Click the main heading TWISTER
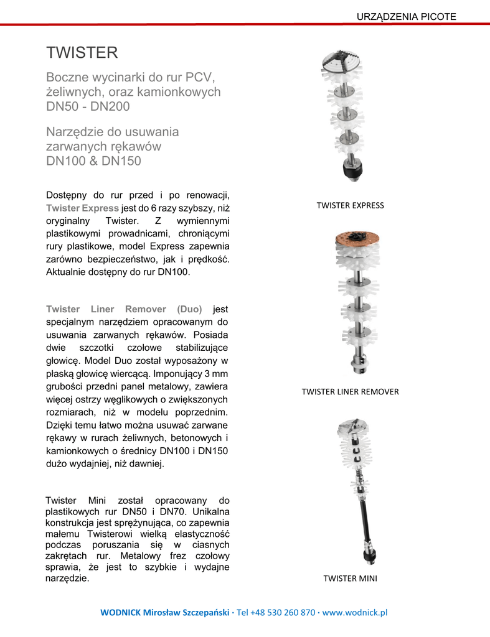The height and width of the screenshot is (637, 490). (82, 53)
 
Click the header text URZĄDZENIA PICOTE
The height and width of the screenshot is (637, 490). (406, 16)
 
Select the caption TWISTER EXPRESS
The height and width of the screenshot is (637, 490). (350, 205)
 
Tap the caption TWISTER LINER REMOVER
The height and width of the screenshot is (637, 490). (350, 392)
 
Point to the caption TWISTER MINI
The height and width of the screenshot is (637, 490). (350, 579)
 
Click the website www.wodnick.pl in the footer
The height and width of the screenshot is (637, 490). (354, 612)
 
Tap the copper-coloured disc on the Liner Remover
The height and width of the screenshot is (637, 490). (353, 239)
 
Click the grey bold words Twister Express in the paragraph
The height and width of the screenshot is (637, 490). (82, 208)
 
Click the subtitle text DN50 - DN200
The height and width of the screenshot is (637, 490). (88, 106)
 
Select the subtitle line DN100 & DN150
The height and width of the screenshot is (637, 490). (93, 161)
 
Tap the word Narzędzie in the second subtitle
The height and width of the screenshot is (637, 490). (77, 132)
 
